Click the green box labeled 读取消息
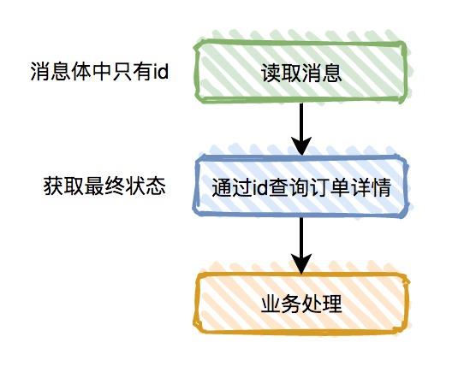pos(300,72)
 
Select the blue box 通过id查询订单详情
pos(300,186)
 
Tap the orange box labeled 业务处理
pos(300,304)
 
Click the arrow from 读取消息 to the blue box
pos(301,129)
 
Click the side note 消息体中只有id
pos(99,72)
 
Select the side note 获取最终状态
pos(104,186)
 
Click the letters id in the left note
pos(160,72)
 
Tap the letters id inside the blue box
pos(260,187)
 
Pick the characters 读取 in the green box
pos(281,73)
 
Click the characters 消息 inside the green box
pos(321,73)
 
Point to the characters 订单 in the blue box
pos(330,187)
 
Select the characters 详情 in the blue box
pos(371,187)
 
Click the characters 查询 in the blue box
pos(289,187)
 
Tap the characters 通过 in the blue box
pos(232,187)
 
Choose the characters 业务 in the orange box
pos(281,304)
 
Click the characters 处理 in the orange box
pos(321,304)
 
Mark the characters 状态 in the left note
pos(146,186)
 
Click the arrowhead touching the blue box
pos(301,146)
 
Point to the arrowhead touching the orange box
pos(301,263)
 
